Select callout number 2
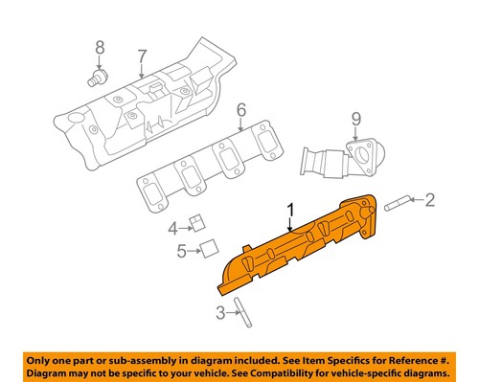[x=429, y=199]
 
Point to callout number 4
[x=172, y=228]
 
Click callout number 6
[x=241, y=109]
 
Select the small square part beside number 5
[x=205, y=251]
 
